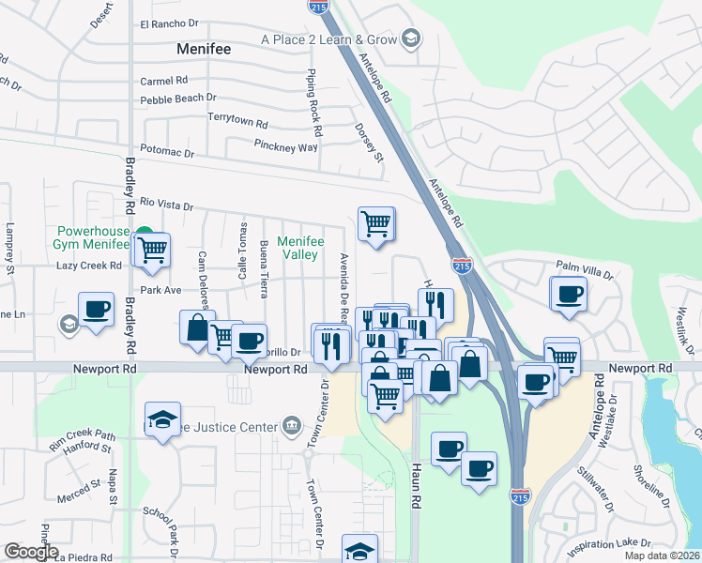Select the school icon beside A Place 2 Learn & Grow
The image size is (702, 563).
(x=410, y=38)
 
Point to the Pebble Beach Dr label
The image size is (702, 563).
(x=178, y=99)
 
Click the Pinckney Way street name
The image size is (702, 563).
(x=286, y=146)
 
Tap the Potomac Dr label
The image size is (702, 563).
(x=167, y=152)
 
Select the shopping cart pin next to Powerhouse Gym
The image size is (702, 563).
(x=151, y=250)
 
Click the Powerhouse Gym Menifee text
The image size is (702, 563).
(x=92, y=236)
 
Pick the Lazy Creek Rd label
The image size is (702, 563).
(x=89, y=266)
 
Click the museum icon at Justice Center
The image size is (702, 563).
(x=291, y=426)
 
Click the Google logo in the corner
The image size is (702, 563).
(x=31, y=552)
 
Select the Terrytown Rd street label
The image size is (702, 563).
(x=238, y=123)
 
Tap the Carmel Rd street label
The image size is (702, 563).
(x=164, y=81)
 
